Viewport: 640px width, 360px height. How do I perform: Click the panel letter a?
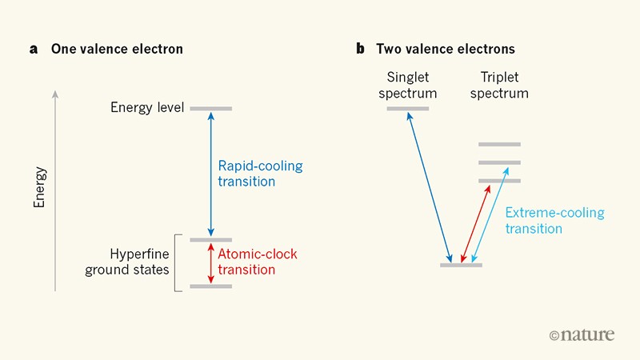34,50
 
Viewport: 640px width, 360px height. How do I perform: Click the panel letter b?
361,50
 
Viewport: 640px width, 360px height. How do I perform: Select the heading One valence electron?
117,50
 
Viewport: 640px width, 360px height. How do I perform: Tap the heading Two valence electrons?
446,50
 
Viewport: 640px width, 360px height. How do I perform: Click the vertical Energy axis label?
39,187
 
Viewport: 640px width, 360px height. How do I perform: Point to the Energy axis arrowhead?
55,94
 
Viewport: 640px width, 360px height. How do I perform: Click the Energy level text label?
148,108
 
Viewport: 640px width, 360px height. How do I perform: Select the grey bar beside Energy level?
211,108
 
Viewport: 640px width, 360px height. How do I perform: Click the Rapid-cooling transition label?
260,174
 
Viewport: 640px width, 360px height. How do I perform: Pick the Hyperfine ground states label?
128,262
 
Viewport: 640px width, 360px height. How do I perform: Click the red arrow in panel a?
211,262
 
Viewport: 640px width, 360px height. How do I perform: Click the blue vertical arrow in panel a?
211,174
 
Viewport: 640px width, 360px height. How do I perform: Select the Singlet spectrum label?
411,86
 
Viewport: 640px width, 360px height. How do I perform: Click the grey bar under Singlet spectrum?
408,108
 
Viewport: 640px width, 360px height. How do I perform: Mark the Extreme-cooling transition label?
554,221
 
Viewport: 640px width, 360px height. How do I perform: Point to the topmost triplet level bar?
499,145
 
